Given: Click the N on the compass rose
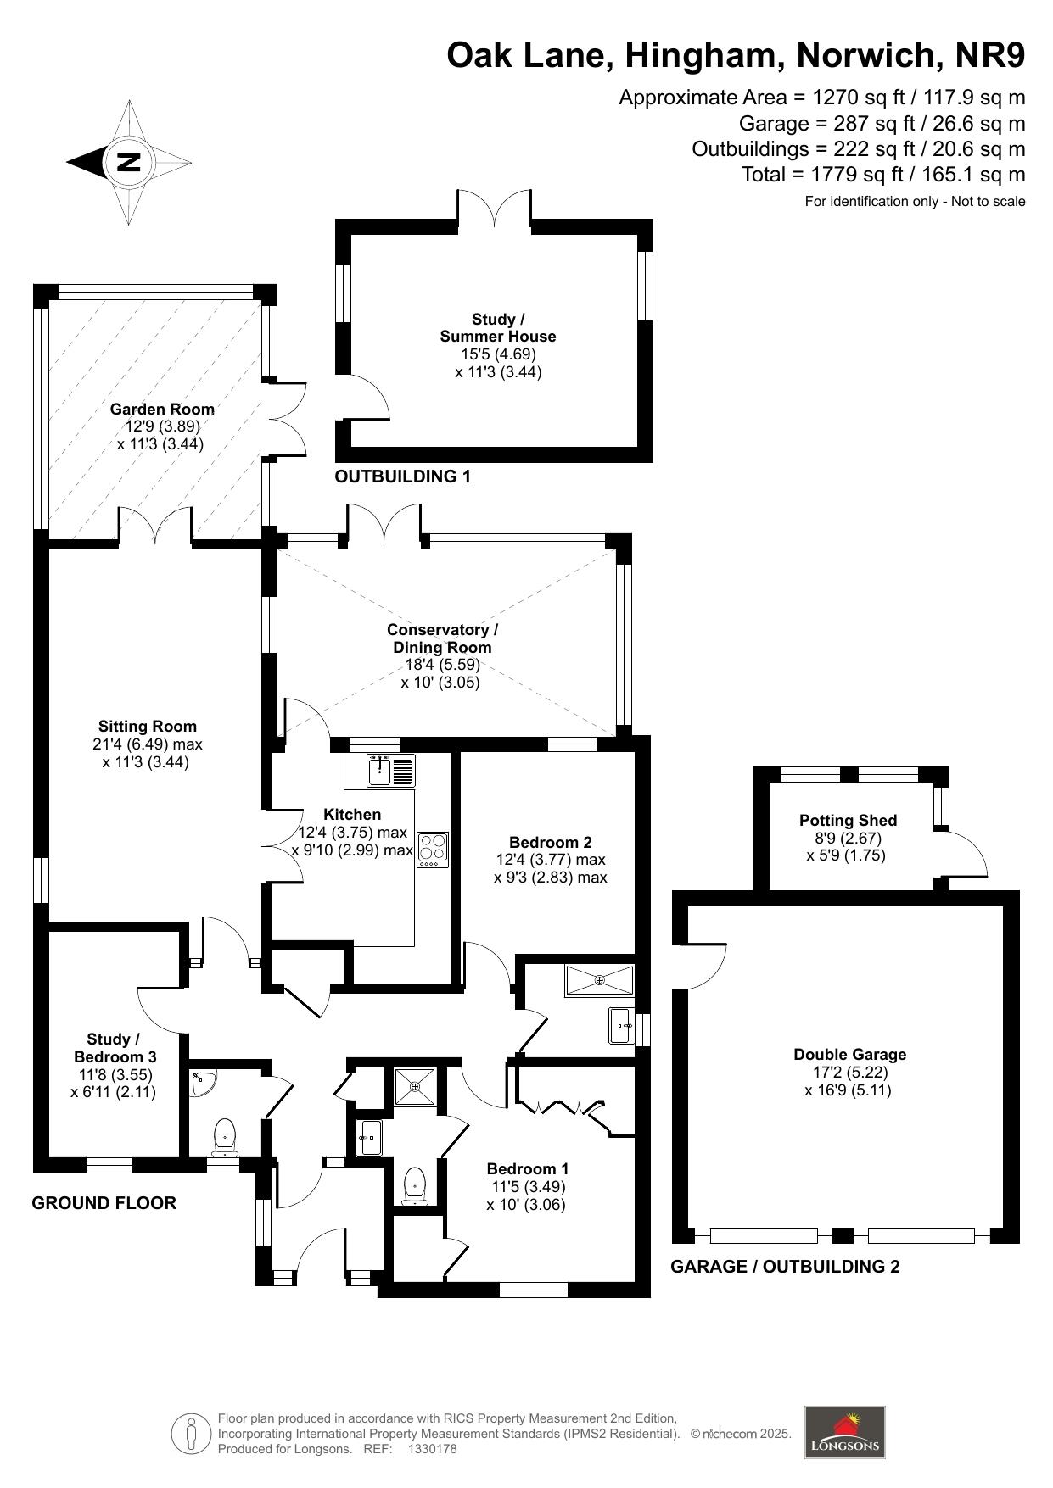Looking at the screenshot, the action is pos(128,161).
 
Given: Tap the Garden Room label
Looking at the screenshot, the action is pos(162,409).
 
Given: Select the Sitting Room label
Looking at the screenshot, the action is pos(148,727).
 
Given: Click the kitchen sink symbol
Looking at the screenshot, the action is pos(392,771).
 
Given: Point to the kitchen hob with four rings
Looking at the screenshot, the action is pos(433,850).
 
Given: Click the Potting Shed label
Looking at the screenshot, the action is pos(848,821).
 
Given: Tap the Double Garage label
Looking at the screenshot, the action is pos(849,1055).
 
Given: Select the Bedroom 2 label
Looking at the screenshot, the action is pos(551,842).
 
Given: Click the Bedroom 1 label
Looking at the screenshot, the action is pos(528,1168).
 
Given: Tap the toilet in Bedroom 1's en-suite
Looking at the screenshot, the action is pos(415,1185).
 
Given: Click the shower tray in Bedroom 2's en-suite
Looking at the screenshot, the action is pos(600,980).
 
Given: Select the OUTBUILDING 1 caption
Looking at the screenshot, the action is pos(402,476).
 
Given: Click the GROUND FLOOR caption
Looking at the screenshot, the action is pos(104,1203).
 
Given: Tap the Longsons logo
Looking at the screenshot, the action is pos(844,1433).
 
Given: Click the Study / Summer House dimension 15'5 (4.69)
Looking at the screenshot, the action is pos(498,354).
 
